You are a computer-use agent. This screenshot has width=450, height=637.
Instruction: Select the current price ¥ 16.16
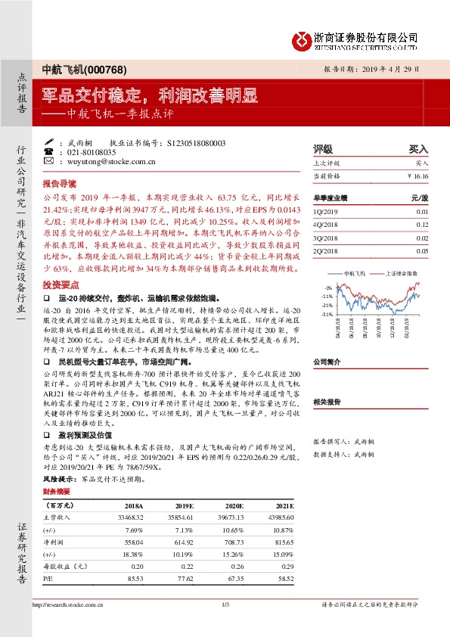[x=417, y=176]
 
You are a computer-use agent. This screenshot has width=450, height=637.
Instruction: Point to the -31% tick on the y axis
[x=326, y=314]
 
